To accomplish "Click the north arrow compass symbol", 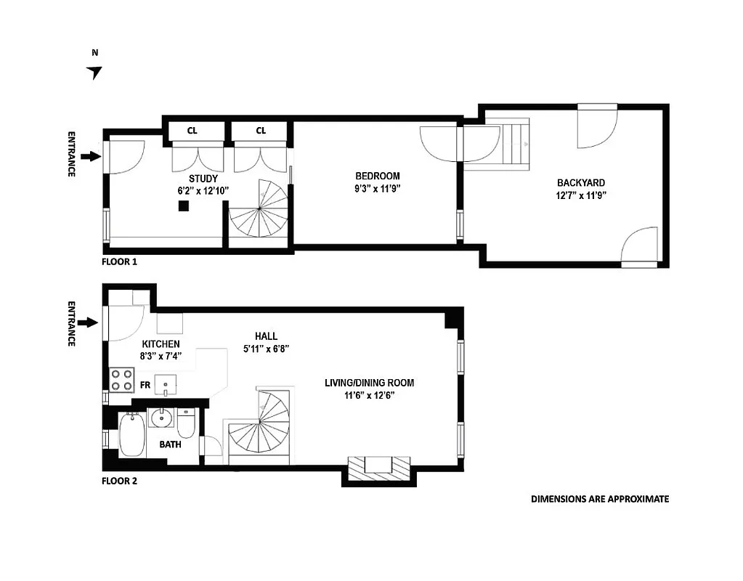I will coord(94,71).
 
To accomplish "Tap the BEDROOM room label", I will coord(377,176).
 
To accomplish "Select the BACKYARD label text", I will coord(580,183).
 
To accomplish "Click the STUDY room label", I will coord(203,179).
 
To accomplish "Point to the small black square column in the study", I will coord(184,206).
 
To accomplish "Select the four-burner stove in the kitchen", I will coord(121,380).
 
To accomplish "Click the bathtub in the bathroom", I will coord(132,435).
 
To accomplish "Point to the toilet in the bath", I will coord(187,423).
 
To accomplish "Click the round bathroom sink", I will coord(161,419).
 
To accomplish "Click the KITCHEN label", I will coord(161,344).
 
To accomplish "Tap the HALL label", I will coord(266,336).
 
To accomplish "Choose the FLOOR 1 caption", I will coord(120,261).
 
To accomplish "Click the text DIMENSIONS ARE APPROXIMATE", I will coord(599,499).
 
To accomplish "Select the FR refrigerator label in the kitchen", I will coord(145,385).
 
